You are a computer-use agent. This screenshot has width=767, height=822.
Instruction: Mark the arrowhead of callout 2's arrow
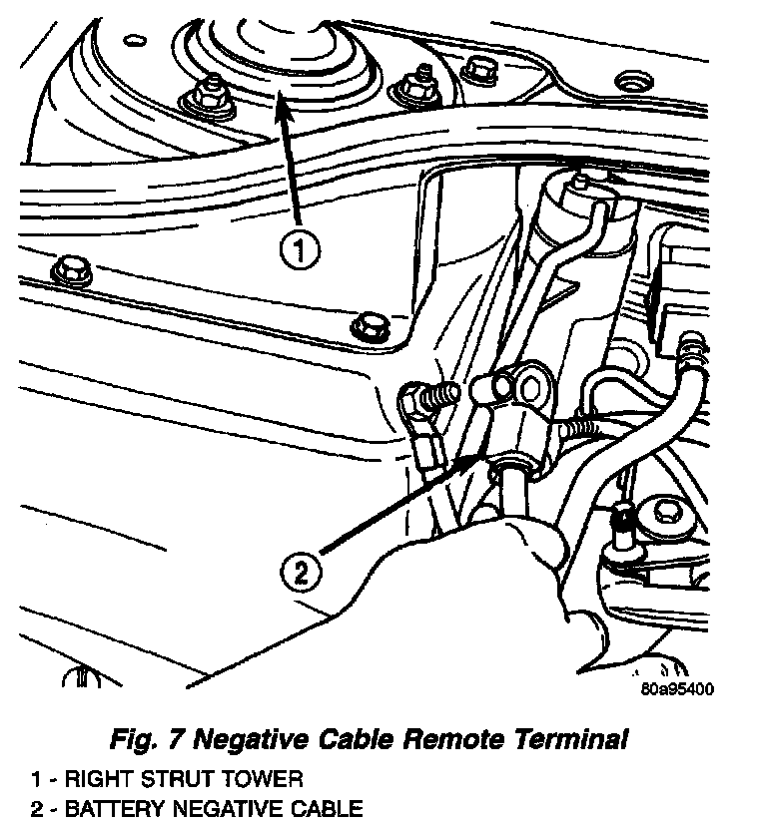tap(477, 454)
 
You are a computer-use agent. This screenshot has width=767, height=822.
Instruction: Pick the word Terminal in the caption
tap(569, 740)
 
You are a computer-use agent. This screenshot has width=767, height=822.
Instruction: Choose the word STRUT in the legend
tap(171, 778)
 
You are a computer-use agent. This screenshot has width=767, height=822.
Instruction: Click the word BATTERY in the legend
tap(109, 807)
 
